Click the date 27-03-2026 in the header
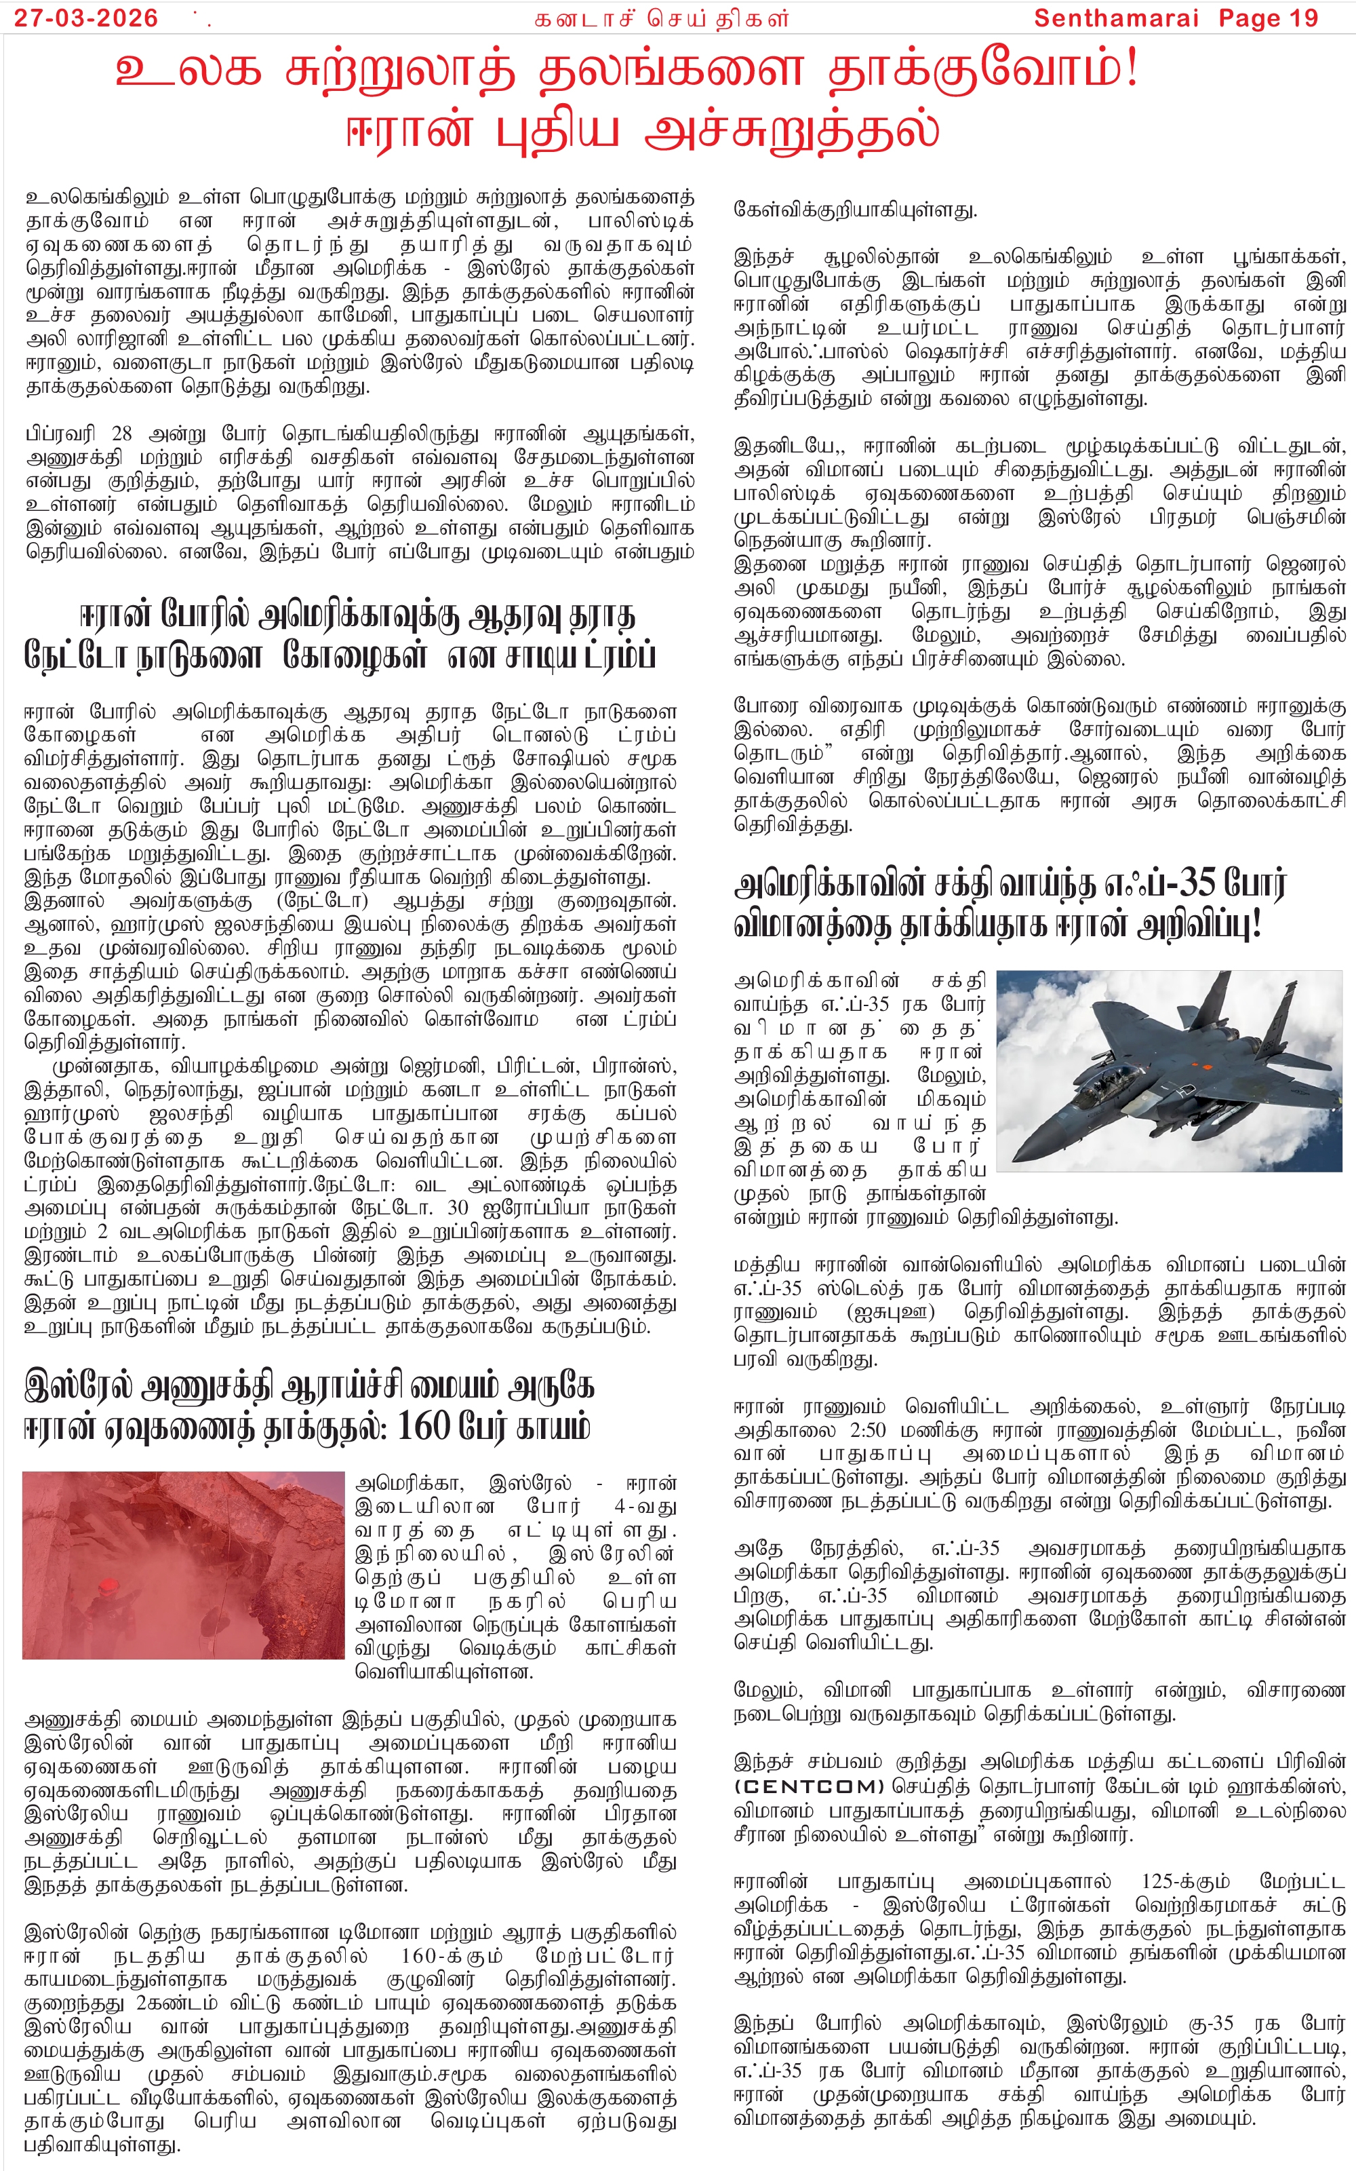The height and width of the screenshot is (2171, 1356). (x=86, y=17)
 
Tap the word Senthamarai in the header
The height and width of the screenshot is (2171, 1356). (x=1116, y=17)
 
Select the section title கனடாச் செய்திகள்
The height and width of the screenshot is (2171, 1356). (x=662, y=19)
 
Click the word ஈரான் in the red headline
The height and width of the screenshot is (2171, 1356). (x=409, y=131)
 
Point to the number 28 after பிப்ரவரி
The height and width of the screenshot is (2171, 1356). (x=121, y=434)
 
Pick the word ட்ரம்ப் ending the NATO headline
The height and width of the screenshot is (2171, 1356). (x=620, y=656)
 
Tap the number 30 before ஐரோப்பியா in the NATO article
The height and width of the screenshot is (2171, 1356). (x=458, y=1209)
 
